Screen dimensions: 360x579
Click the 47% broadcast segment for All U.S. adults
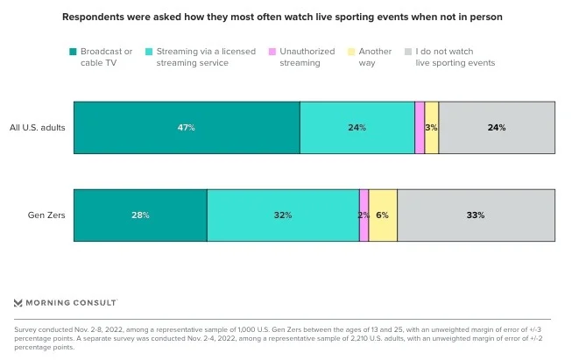(186, 128)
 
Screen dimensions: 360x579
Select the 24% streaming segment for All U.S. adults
(357, 128)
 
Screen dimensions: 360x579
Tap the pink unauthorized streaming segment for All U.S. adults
(420, 128)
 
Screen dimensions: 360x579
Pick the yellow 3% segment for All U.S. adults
(431, 128)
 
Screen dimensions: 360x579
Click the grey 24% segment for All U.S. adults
(497, 128)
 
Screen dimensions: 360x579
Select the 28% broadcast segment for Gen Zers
(140, 215)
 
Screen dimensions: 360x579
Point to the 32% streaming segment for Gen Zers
(282, 215)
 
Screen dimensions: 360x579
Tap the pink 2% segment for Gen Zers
(364, 215)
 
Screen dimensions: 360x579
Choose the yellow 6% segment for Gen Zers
(383, 215)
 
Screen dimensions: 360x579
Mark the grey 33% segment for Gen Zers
(476, 215)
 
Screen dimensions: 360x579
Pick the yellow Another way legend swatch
(351, 52)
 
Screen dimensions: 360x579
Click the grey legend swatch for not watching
(409, 52)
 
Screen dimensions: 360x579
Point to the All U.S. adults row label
(37, 128)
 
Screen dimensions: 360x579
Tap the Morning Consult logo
(66, 302)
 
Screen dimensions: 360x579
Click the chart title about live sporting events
(288, 17)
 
